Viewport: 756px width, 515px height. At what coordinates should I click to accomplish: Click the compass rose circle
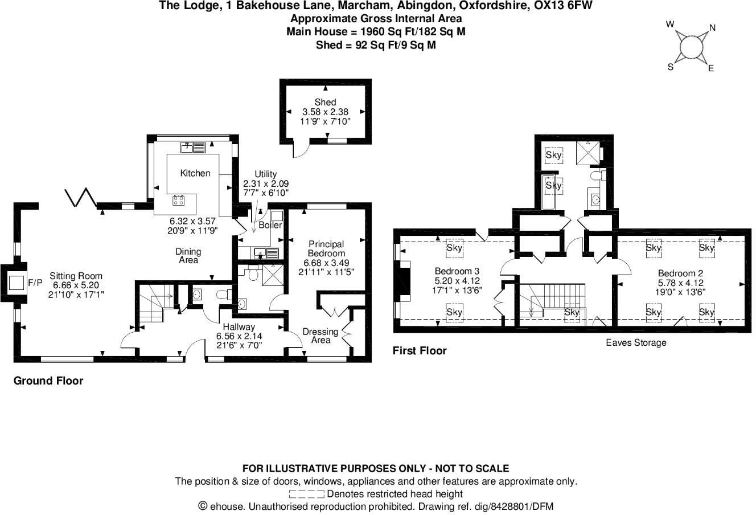(691, 47)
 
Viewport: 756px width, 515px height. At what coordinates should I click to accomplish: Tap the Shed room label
(325, 103)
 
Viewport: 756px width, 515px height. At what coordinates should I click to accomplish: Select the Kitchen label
(195, 173)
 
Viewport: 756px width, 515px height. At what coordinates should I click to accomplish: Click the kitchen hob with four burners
(179, 200)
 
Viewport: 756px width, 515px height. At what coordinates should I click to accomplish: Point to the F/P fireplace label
(35, 283)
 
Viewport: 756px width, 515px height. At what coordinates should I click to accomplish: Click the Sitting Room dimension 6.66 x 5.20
(76, 285)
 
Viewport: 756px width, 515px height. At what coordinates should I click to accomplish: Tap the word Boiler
(270, 226)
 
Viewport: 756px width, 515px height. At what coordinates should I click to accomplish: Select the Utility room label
(265, 174)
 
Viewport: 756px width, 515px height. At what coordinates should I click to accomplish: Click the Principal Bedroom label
(326, 249)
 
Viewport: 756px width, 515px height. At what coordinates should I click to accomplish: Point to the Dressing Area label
(321, 336)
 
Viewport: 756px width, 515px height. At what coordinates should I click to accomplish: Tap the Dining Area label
(188, 256)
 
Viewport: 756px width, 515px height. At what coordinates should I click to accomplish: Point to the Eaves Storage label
(635, 343)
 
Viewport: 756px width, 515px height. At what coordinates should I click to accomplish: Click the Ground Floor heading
(48, 381)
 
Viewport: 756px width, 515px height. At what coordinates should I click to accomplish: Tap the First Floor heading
(420, 351)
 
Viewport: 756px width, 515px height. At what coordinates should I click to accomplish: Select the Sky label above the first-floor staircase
(572, 313)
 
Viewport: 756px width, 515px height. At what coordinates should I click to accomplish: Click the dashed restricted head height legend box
(306, 494)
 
